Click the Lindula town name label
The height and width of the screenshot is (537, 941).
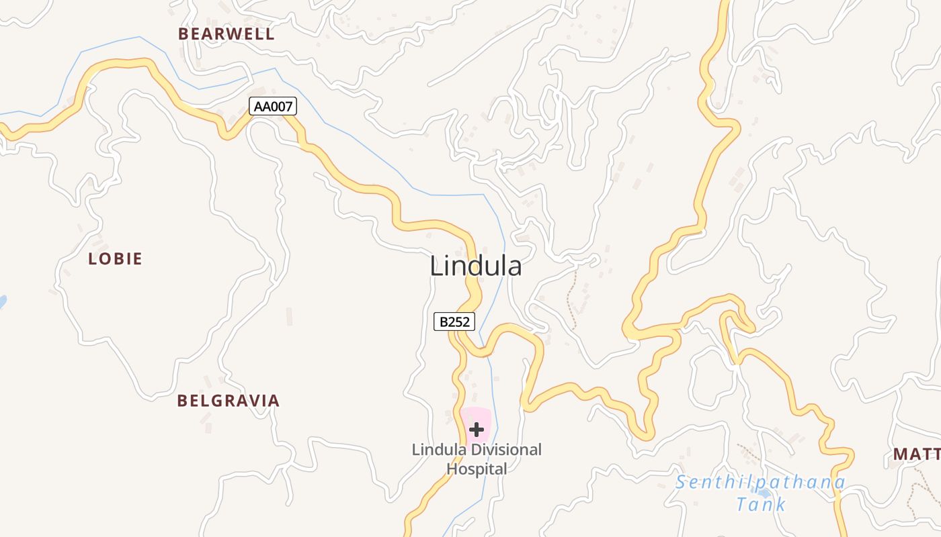(475, 266)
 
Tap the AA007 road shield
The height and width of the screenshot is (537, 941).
(273, 106)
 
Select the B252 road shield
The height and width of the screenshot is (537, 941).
(454, 322)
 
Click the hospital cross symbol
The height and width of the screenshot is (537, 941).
(477, 429)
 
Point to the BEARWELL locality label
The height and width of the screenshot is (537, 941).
(227, 34)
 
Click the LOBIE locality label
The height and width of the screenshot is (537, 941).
(116, 259)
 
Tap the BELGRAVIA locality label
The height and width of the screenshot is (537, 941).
(228, 401)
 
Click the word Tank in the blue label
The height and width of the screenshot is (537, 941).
(760, 504)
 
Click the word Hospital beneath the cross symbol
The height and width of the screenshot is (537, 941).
(477, 469)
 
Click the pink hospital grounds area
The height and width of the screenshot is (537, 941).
(486, 418)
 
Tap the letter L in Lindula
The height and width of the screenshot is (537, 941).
(436, 266)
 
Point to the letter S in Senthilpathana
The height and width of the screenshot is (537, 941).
(682, 482)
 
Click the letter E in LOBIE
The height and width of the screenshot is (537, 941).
(137, 259)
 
